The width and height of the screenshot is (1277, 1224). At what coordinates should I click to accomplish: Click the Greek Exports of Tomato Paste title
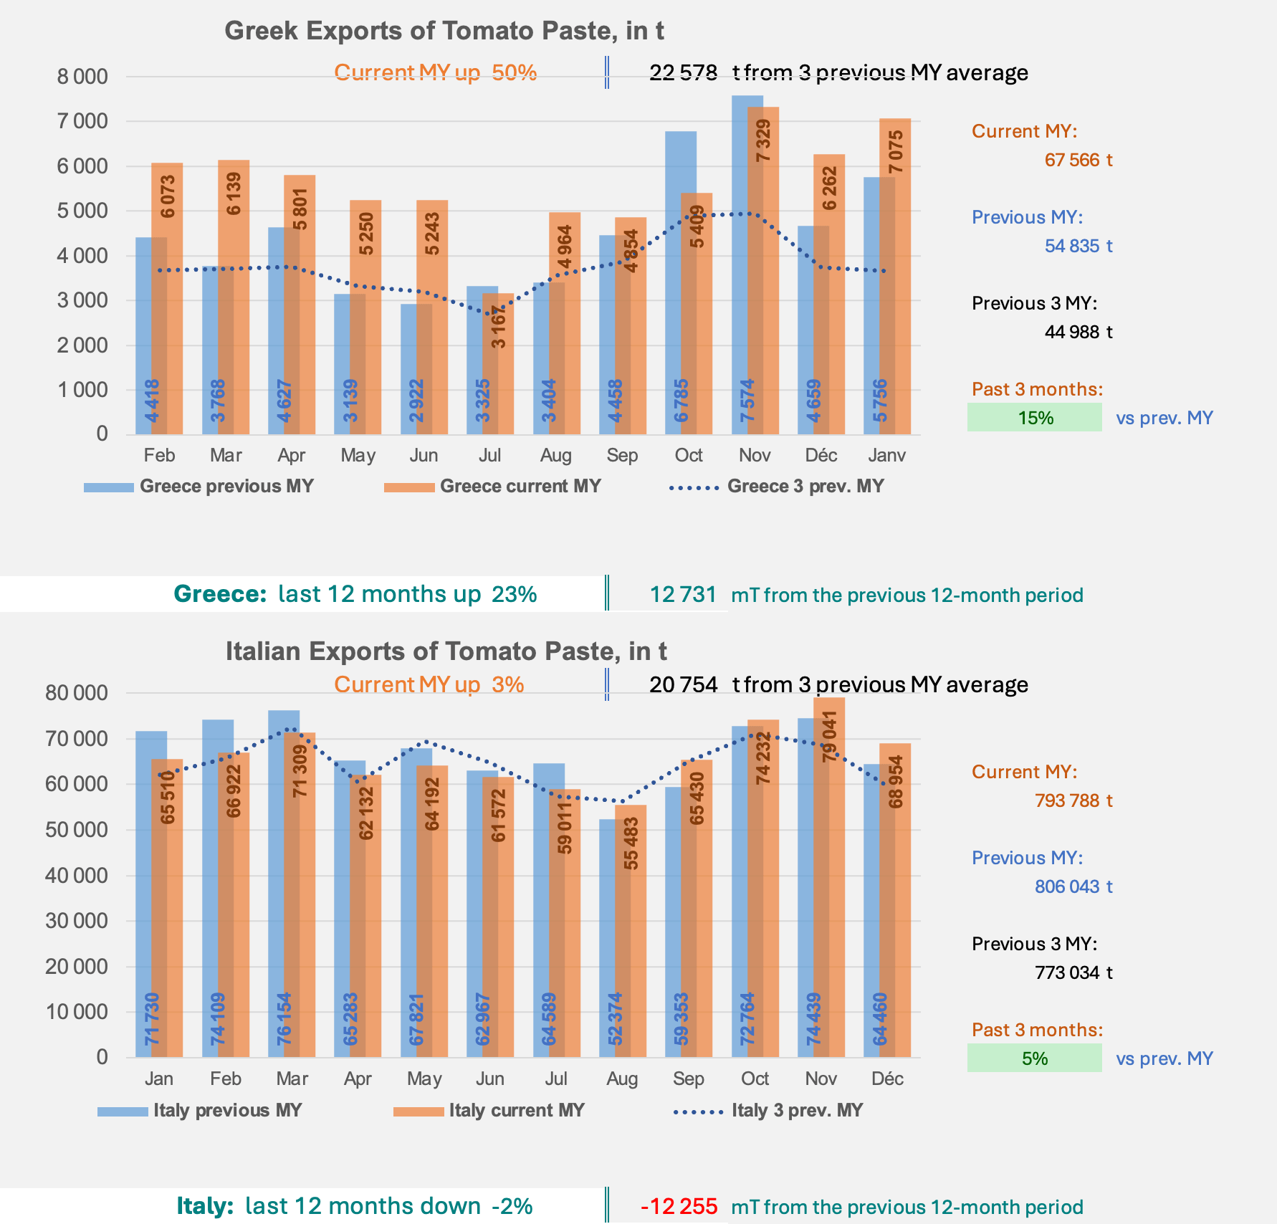[x=444, y=31]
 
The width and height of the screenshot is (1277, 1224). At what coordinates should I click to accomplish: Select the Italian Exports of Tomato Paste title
[x=446, y=651]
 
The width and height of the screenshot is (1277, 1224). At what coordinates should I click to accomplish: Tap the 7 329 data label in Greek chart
[x=764, y=141]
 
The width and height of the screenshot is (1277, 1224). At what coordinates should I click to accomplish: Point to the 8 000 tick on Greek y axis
[x=82, y=77]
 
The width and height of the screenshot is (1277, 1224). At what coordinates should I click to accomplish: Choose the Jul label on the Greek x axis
[x=490, y=456]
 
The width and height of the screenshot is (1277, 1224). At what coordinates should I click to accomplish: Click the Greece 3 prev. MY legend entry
[x=777, y=487]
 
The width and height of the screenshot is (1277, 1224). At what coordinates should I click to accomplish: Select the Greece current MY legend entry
[x=492, y=487]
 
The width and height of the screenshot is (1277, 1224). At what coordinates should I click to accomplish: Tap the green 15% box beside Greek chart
[x=1034, y=418]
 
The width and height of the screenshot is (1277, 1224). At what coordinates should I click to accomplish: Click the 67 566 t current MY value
[x=1078, y=160]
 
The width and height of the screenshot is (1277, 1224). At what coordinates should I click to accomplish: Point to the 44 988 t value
[x=1078, y=332]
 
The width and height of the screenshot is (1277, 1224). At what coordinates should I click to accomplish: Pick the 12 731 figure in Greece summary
[x=683, y=595]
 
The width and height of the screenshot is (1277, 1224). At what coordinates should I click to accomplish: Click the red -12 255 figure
[x=679, y=1207]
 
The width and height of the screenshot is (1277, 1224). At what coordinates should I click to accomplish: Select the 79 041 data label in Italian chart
[x=830, y=737]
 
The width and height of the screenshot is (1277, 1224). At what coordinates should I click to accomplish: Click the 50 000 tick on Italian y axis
[x=77, y=830]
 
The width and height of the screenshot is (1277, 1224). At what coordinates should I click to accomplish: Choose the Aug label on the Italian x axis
[x=622, y=1079]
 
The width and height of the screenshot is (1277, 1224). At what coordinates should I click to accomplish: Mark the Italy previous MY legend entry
[x=200, y=1111]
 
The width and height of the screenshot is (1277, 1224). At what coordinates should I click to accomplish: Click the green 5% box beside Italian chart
[x=1034, y=1058]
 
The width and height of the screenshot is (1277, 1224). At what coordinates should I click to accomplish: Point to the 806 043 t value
[x=1073, y=886]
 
